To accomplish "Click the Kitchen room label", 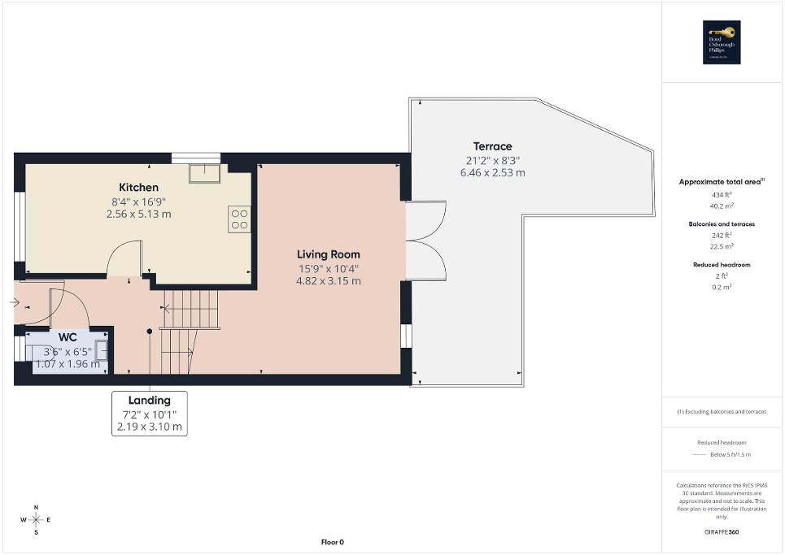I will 138,188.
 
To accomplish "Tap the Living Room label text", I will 328,254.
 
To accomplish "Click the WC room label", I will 67,337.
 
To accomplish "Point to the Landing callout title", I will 150,400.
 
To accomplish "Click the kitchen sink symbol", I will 200,173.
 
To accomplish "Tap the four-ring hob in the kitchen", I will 239,219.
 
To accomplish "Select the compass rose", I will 36,519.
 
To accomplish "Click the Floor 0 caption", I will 332,542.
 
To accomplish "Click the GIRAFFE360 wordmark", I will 723,533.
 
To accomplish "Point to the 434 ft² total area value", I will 723,196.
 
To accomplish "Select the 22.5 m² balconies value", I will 723,246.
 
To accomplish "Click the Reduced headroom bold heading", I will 723,265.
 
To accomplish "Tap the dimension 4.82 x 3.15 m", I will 328,281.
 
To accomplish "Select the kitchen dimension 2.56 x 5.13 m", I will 138,215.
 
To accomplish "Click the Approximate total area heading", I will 722,182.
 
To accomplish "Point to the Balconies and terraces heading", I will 723,223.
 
